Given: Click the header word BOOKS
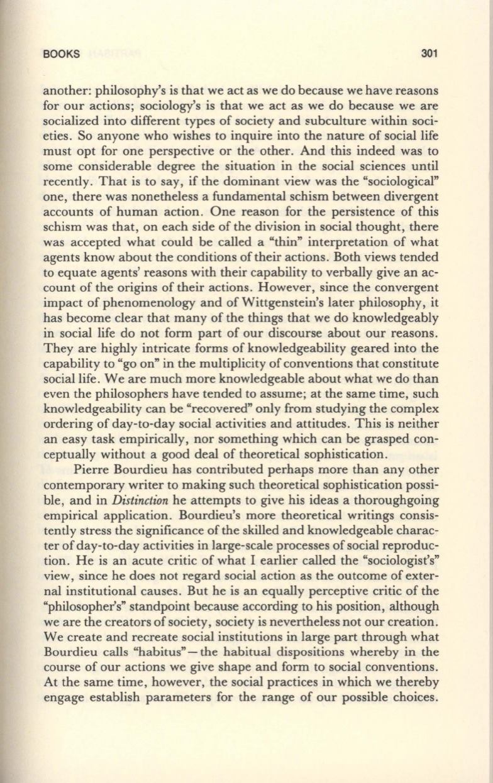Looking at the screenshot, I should pos(62,54).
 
